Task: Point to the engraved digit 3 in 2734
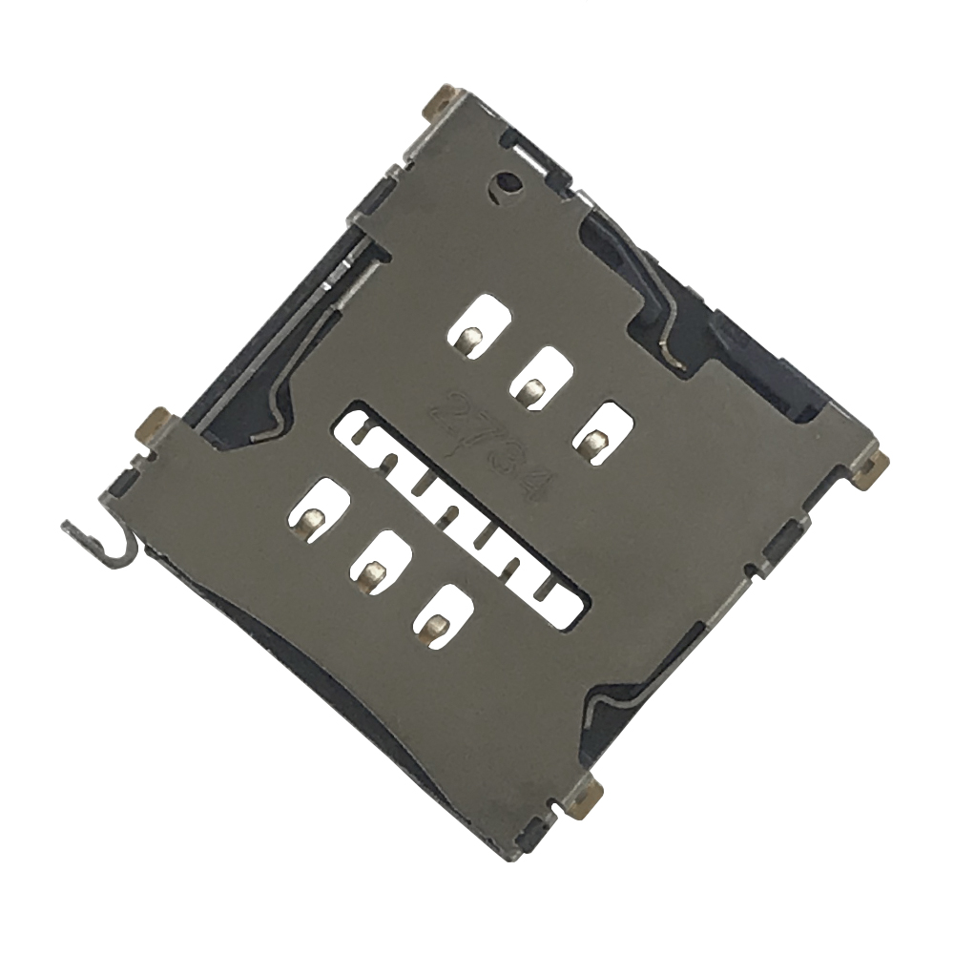pos(505,461)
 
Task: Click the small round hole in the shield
pos(506,182)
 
